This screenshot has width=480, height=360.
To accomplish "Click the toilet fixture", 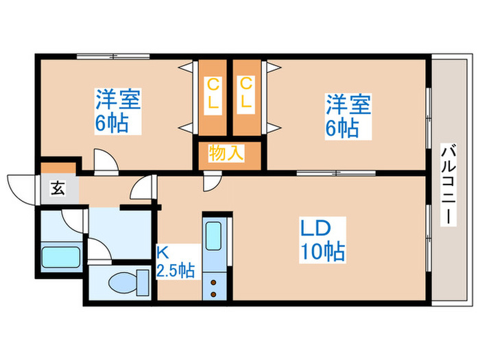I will (x=123, y=281).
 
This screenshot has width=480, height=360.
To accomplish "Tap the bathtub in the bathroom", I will (x=62, y=257).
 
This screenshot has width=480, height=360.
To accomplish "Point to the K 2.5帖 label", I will (x=176, y=262).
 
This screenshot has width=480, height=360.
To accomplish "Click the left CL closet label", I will (x=213, y=95).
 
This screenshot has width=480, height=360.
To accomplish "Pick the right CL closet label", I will (x=245, y=95).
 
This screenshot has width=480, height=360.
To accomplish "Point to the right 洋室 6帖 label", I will (x=348, y=117).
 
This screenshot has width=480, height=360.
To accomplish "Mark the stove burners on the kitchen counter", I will (x=213, y=287).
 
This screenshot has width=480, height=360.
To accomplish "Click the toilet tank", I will (x=143, y=281).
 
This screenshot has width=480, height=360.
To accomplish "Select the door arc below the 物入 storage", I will (x=212, y=180).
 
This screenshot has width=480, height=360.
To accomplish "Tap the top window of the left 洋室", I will (x=113, y=57).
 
